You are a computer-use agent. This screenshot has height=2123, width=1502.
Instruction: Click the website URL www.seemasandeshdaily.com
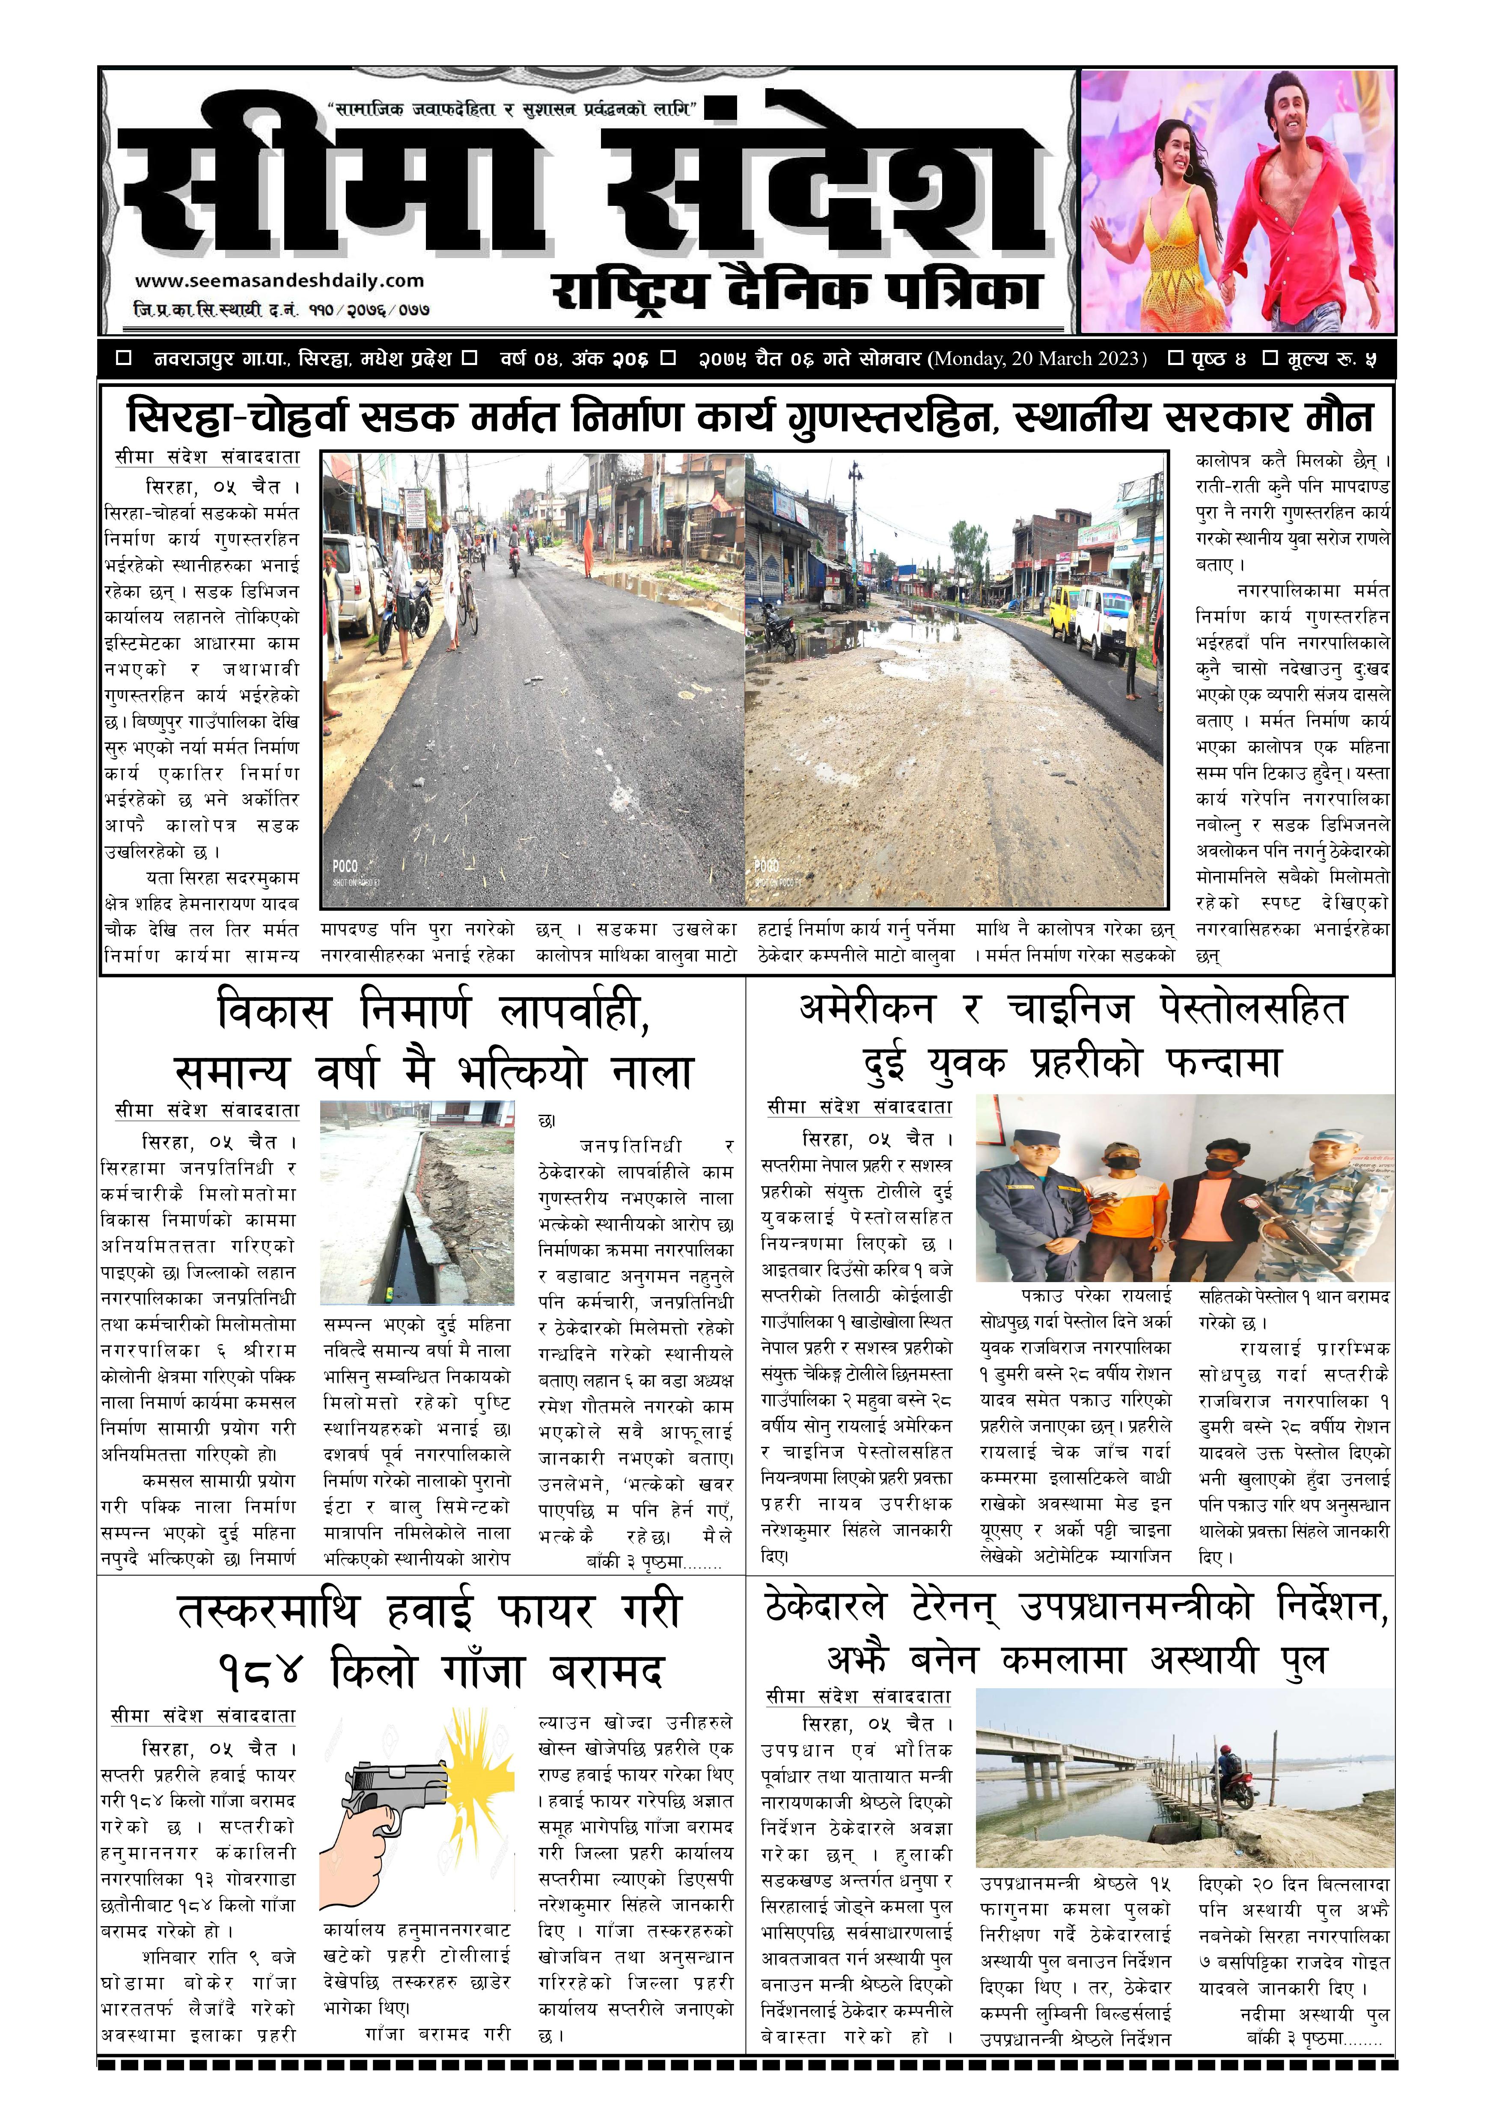pyautogui.click(x=280, y=281)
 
